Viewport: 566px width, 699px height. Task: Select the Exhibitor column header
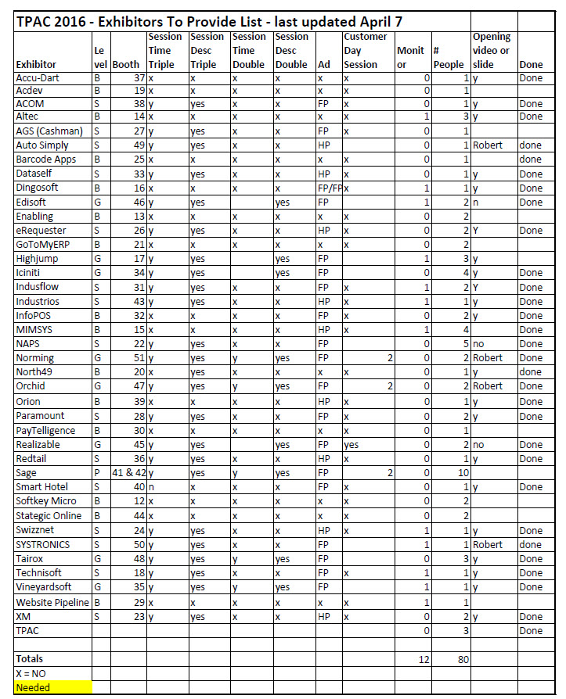click(x=38, y=65)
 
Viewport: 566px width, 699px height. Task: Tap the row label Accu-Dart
click(x=38, y=78)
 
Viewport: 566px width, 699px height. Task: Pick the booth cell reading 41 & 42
click(x=128, y=473)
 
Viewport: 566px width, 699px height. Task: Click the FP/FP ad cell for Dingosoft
click(x=328, y=188)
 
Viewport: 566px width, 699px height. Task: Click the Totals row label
click(x=31, y=659)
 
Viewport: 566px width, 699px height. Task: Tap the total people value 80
click(x=463, y=659)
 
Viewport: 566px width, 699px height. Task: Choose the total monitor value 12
click(x=423, y=659)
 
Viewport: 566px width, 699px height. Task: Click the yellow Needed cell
click(x=33, y=687)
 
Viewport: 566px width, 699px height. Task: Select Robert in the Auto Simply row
click(x=488, y=145)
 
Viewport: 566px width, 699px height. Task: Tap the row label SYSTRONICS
click(x=43, y=544)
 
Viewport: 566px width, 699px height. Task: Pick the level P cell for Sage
click(x=96, y=473)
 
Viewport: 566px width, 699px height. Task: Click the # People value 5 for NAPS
click(x=465, y=344)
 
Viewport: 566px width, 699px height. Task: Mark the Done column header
click(x=530, y=65)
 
